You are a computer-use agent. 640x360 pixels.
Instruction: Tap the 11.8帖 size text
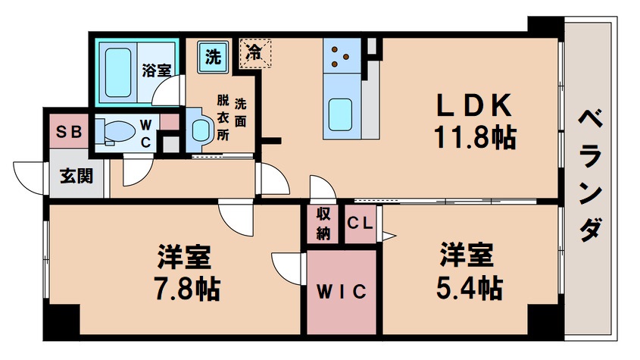coord(474,137)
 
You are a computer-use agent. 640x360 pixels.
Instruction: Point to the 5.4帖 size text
coord(468,287)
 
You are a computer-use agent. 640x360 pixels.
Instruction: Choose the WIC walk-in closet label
coord(341,291)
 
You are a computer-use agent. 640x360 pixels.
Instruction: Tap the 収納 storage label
coord(323,224)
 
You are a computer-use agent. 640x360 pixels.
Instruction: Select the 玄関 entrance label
coord(76,176)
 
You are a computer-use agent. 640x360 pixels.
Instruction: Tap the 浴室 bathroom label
coord(157,70)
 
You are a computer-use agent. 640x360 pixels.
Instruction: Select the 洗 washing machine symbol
coord(214,55)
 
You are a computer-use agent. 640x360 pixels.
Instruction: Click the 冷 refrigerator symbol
coord(256,54)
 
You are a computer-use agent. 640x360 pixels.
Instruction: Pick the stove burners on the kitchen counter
coord(338,54)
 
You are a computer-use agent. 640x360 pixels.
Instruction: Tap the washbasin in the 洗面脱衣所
coord(199,128)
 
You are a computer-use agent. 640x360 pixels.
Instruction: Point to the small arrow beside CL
coord(388,236)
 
